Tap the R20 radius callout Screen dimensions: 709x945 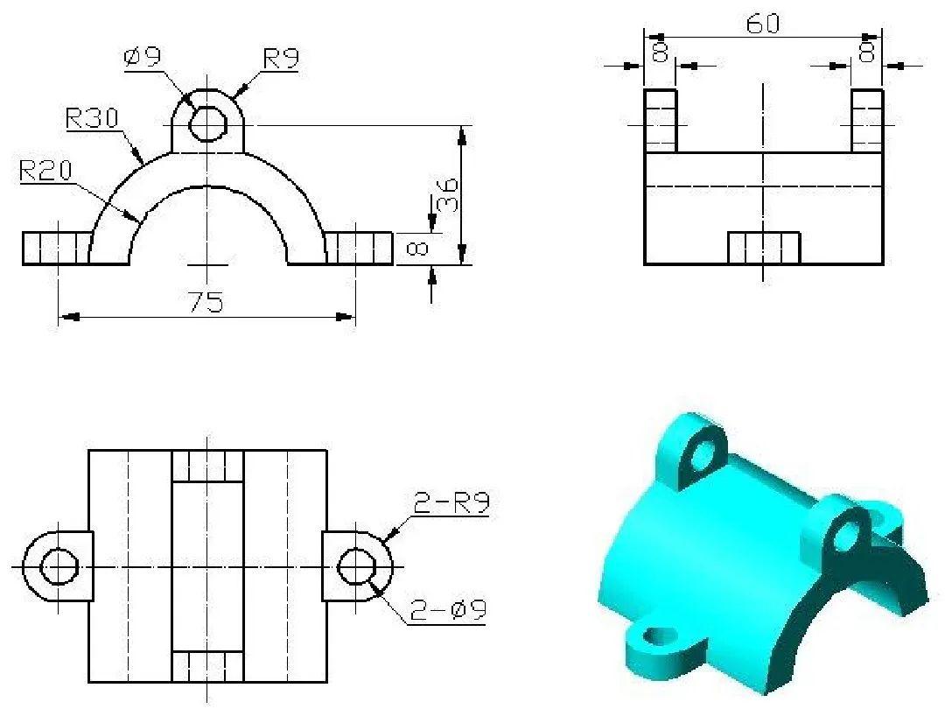pyautogui.click(x=45, y=171)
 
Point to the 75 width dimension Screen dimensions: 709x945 pyautogui.click(x=207, y=302)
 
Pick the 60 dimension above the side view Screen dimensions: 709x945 pyautogui.click(x=762, y=24)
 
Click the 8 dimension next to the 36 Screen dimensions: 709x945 pyautogui.click(x=418, y=249)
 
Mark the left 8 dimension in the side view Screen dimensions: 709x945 pyautogui.click(x=661, y=52)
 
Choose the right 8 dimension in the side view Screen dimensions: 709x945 pyautogui.click(x=866, y=52)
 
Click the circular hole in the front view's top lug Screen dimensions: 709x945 pyautogui.click(x=207, y=124)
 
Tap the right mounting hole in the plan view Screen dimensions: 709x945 pyautogui.click(x=356, y=566)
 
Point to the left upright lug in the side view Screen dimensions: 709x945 pyautogui.click(x=661, y=120)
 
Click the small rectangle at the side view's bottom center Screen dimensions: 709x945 pyautogui.click(x=764, y=248)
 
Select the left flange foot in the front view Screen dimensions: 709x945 pyautogui.click(x=55, y=248)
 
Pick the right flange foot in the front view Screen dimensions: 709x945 pyautogui.click(x=359, y=248)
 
